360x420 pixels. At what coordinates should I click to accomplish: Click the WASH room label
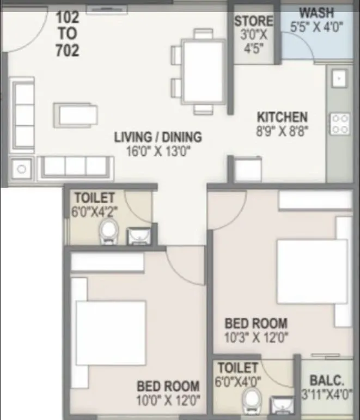pyautogui.click(x=318, y=12)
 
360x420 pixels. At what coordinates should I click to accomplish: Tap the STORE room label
pyautogui.click(x=253, y=21)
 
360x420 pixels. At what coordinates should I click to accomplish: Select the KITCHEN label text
pyautogui.click(x=282, y=117)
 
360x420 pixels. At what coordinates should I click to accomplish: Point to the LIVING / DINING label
pyautogui.click(x=158, y=137)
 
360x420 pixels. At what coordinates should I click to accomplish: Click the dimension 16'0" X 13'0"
pyautogui.click(x=158, y=151)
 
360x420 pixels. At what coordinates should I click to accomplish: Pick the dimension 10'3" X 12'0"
pyautogui.click(x=257, y=337)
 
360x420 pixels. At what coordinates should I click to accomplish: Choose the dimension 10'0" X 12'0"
pyautogui.click(x=168, y=401)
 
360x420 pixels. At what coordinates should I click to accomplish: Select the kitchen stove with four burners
pyautogui.click(x=340, y=123)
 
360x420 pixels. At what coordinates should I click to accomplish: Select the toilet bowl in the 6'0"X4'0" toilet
pyautogui.click(x=252, y=401)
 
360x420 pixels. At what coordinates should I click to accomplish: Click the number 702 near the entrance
pyautogui.click(x=67, y=51)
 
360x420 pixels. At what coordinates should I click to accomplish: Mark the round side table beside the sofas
pyautogui.click(x=21, y=168)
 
